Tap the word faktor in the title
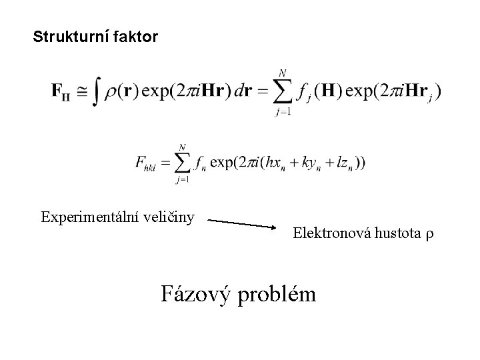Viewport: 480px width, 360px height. click(x=137, y=37)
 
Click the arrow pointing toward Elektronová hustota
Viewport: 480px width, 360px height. click(x=247, y=222)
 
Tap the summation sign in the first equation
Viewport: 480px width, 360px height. click(x=284, y=91)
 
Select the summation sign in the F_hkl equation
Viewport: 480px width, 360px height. click(x=181, y=163)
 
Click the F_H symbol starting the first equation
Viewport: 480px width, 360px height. click(x=61, y=92)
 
